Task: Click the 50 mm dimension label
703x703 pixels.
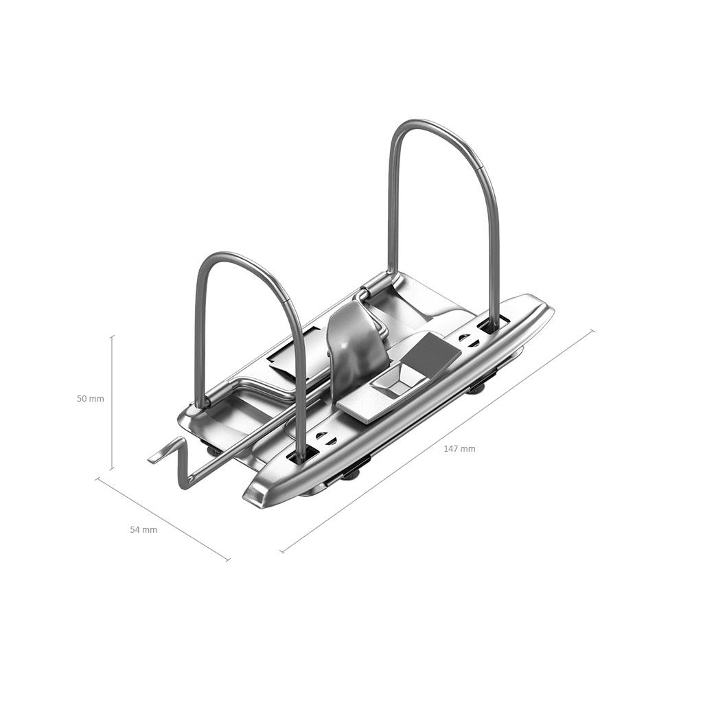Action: tap(90, 399)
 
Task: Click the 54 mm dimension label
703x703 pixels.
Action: tap(143, 529)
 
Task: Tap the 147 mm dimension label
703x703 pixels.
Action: tap(459, 448)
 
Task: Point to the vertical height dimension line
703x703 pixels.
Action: tap(112, 402)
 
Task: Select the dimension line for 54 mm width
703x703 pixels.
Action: tap(163, 519)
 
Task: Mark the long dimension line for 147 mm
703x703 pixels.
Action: tap(437, 441)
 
